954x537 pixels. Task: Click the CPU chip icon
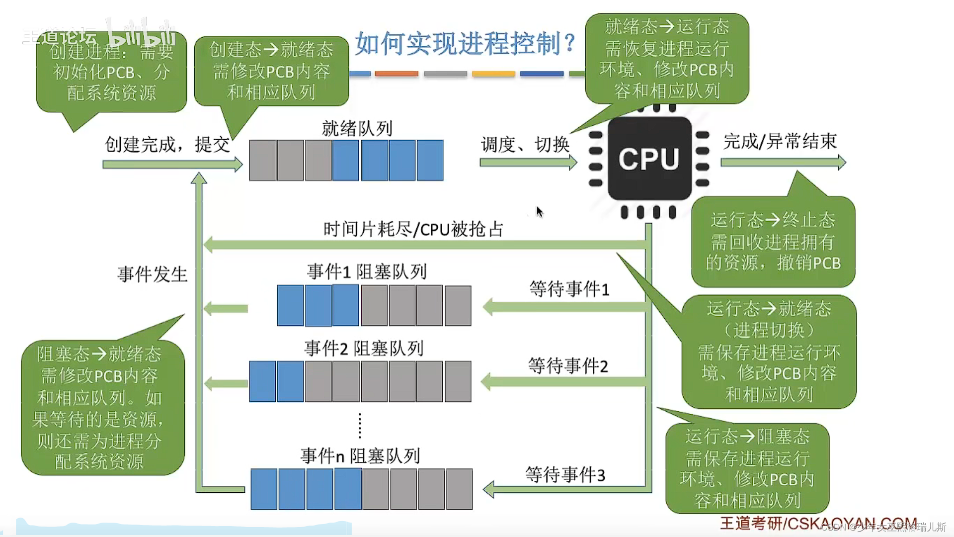[649, 159]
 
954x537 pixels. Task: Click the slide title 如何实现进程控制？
[465, 44]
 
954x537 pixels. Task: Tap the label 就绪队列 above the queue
[357, 128]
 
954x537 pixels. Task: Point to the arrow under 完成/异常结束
[783, 162]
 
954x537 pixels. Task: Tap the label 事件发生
[153, 274]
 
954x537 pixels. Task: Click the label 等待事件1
[569, 289]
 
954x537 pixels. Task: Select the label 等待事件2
[568, 366]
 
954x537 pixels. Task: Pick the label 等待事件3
[565, 475]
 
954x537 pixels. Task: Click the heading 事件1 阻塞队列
[367, 271]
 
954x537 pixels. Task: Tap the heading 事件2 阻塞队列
[364, 349]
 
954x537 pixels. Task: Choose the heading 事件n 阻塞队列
[360, 455]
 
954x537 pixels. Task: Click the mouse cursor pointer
[540, 212]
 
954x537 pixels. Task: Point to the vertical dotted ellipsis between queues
[360, 426]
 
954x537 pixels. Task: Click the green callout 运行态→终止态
[773, 242]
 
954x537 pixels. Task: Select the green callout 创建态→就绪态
[271, 71]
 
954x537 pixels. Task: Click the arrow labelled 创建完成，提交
[172, 164]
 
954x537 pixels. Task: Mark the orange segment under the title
[397, 74]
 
